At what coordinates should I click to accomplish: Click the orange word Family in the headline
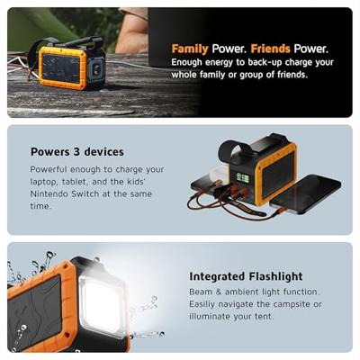pos(190,49)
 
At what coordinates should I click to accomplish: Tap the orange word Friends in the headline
pos(270,49)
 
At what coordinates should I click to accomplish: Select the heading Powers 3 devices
pos(77,152)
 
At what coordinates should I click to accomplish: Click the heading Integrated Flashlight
pos(246,276)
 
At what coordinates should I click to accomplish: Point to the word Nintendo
pos(49,193)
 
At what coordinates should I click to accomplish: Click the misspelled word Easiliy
pos(202,304)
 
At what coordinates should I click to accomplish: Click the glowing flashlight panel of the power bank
pos(102,302)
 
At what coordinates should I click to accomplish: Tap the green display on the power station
pos(243,178)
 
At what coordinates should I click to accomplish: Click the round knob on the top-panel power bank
pos(97,70)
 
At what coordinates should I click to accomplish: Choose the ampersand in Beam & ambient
pos(219,292)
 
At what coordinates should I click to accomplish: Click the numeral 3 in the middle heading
pos(77,152)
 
